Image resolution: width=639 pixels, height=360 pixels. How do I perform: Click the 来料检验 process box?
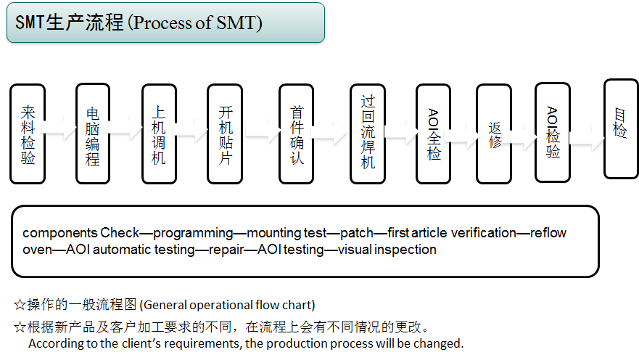pos(28,134)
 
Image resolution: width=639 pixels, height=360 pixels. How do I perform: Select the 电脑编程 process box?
pos(93,134)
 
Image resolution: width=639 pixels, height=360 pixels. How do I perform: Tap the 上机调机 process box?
pos(158,134)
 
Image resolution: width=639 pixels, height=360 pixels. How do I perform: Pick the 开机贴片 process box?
pos(225,134)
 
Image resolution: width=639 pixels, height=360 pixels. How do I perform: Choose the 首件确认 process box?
pos(297,134)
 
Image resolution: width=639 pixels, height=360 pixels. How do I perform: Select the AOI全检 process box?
pos(434,134)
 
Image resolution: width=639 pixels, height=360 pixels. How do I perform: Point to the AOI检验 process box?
pos(553,132)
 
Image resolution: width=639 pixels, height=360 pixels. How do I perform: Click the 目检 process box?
pos(621,128)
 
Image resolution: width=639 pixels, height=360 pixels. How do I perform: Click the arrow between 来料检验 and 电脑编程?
pos(60,134)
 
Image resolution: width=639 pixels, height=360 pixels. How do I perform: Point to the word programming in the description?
pos(193,233)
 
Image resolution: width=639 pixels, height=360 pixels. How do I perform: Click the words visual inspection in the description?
pos(387,250)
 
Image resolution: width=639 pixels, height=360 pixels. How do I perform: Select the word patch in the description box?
pos(356,233)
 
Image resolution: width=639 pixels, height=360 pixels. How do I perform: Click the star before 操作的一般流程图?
pos(20,304)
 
